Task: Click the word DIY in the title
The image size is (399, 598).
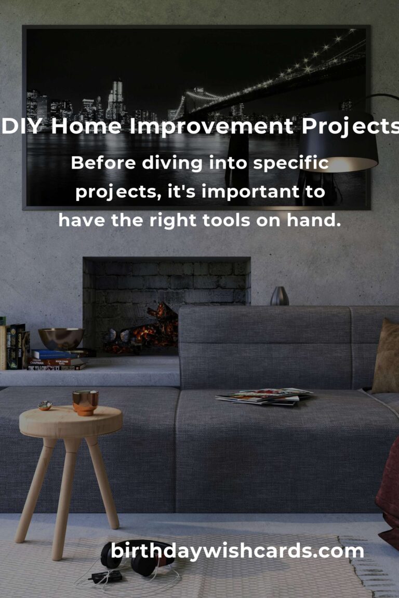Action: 22,126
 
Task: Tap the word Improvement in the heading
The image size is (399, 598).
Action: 211,128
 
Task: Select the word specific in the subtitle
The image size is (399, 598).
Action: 290,163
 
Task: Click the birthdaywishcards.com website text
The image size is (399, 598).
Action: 237,551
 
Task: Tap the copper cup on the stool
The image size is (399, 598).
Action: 85,402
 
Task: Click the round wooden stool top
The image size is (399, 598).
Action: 71,421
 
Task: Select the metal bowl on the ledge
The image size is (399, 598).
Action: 61,338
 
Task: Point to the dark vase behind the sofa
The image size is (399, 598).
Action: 280,296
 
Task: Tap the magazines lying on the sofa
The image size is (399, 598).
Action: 264,396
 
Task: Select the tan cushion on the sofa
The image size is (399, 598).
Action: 387,357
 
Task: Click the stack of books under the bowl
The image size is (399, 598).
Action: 59,359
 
